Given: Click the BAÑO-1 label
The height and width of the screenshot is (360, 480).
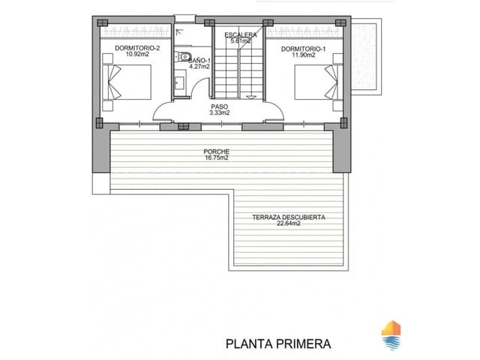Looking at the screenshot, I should tap(199, 59).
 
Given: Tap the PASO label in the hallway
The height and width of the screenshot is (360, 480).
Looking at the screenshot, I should tap(219, 106).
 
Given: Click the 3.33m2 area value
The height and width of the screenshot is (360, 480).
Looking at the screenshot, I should tap(219, 113).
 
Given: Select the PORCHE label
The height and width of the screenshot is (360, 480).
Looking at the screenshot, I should tap(217, 152).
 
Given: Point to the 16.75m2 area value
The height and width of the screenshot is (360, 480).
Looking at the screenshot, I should tap(217, 159).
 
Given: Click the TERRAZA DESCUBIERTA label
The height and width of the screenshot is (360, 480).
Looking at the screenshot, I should tap(288, 217).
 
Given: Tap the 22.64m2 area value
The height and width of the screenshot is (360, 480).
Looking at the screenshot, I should tap(288, 223).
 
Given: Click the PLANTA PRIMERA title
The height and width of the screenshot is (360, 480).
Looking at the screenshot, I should tap(278, 344).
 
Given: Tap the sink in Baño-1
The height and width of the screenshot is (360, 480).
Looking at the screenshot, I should tap(180, 82).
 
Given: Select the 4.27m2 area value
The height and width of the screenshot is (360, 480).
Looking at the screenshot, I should tap(199, 66).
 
